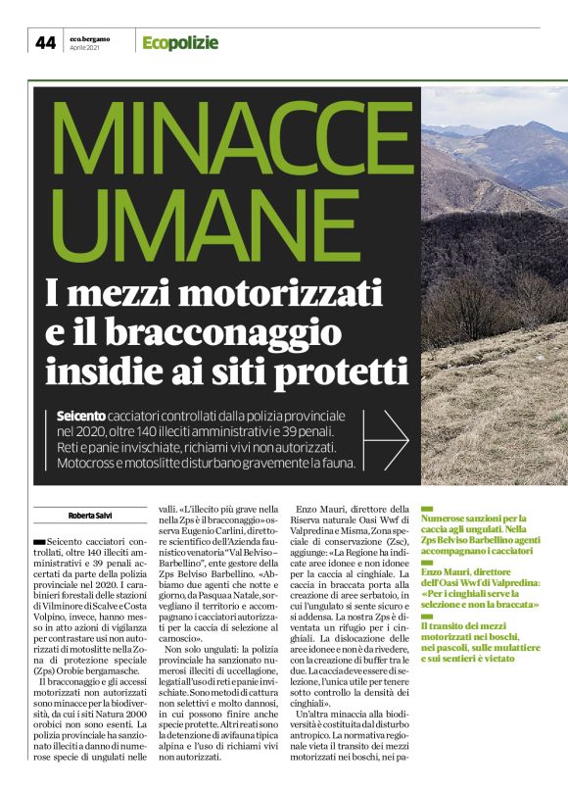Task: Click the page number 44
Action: point(45,42)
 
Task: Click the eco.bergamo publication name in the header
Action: point(91,37)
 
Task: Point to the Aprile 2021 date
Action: point(86,48)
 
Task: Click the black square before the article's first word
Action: point(38,541)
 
